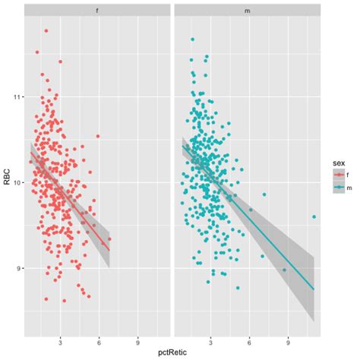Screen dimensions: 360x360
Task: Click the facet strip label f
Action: [96, 11]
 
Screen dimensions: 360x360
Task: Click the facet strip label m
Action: [247, 11]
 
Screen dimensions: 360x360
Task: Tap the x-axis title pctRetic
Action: [172, 352]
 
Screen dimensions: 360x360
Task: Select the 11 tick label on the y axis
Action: [17, 97]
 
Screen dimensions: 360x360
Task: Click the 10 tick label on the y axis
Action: [17, 182]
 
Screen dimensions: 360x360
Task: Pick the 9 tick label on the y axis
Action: [19, 268]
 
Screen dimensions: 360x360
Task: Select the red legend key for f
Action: [338, 175]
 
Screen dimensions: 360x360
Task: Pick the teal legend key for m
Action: [338, 188]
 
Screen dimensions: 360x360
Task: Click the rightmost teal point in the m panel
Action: [314, 216]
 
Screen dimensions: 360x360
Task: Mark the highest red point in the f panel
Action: [46, 31]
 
